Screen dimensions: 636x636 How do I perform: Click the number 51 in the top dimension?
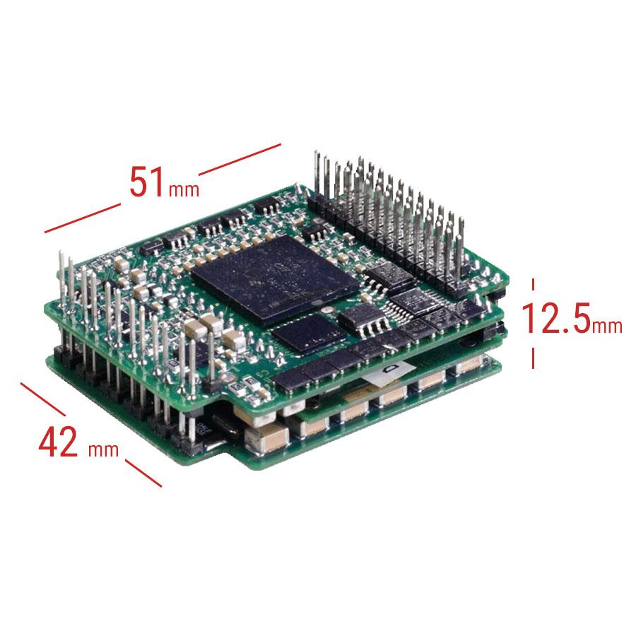tap(146, 182)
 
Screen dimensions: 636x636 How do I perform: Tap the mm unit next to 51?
tap(184, 189)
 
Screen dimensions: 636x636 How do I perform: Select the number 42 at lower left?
tap(58, 441)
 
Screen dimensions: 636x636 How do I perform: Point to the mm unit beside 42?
tap(103, 449)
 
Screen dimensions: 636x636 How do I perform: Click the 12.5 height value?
tap(555, 317)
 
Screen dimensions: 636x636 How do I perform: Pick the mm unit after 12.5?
tap(607, 326)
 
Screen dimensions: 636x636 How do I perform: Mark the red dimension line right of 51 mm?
tap(240, 160)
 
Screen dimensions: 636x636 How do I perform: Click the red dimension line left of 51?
tap(83, 218)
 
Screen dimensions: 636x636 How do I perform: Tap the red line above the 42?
tap(43, 399)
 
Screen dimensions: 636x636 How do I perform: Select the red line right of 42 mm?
tap(143, 473)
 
